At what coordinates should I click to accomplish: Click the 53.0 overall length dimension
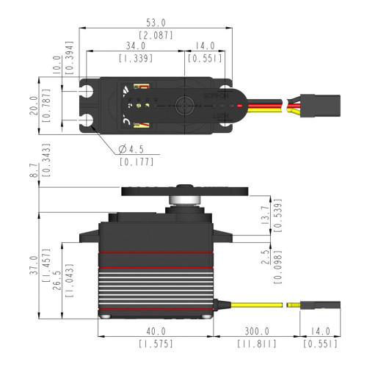point(155,23)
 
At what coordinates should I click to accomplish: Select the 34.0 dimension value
point(134,46)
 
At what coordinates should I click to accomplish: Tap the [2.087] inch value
point(155,35)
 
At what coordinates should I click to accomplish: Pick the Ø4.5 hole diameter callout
point(132,150)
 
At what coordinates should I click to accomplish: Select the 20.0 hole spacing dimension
point(32,106)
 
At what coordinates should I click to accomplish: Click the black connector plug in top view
point(317,106)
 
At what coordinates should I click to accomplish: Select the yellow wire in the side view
point(257,303)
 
